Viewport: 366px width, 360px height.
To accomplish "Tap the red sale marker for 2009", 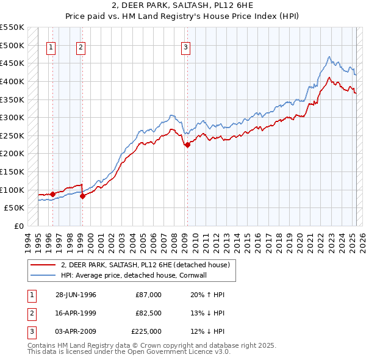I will pyautogui.click(x=187, y=145).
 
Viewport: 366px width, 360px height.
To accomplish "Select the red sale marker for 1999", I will pyautogui.click(x=82, y=196).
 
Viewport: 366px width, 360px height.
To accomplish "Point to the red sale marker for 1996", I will pyautogui.click(x=52, y=195).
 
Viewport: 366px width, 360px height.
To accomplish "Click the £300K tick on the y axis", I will pyautogui.click(x=12, y=117).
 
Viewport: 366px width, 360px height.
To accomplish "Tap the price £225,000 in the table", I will pyautogui.click(x=146, y=331).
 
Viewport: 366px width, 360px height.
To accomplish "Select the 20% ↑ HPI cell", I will pyautogui.click(x=208, y=295).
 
